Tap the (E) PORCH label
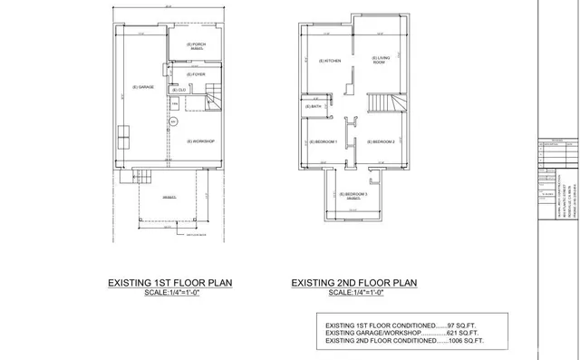coord(196,45)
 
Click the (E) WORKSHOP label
coord(200,141)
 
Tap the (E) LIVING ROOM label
coord(380,60)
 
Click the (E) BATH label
coord(314,107)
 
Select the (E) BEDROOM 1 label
coord(324,141)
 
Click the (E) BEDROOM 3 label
coord(353,196)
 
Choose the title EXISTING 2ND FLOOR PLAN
coord(353,283)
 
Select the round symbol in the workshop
coord(178,120)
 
